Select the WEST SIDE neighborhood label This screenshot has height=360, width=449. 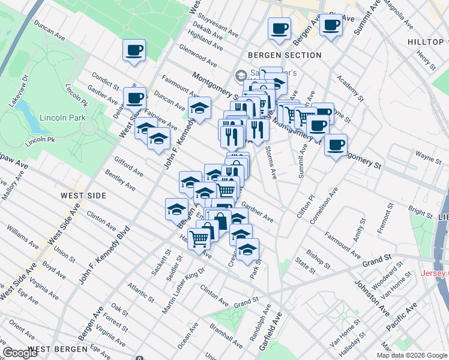point(83,196)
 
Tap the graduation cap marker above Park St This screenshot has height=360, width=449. point(247,248)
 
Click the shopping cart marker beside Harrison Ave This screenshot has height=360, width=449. point(199,238)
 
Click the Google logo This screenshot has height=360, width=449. point(20,353)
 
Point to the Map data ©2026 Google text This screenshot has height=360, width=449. point(412,355)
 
